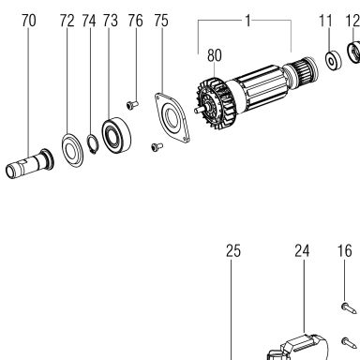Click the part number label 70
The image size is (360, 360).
(29, 21)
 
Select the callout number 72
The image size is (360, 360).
(67, 21)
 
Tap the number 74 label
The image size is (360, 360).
(89, 21)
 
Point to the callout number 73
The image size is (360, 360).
(111, 21)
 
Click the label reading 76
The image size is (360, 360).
(135, 21)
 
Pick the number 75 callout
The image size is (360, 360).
(161, 21)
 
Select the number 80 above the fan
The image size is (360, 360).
(215, 55)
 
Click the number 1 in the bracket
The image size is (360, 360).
(247, 21)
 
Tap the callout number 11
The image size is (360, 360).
(325, 21)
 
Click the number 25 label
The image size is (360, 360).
(233, 251)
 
